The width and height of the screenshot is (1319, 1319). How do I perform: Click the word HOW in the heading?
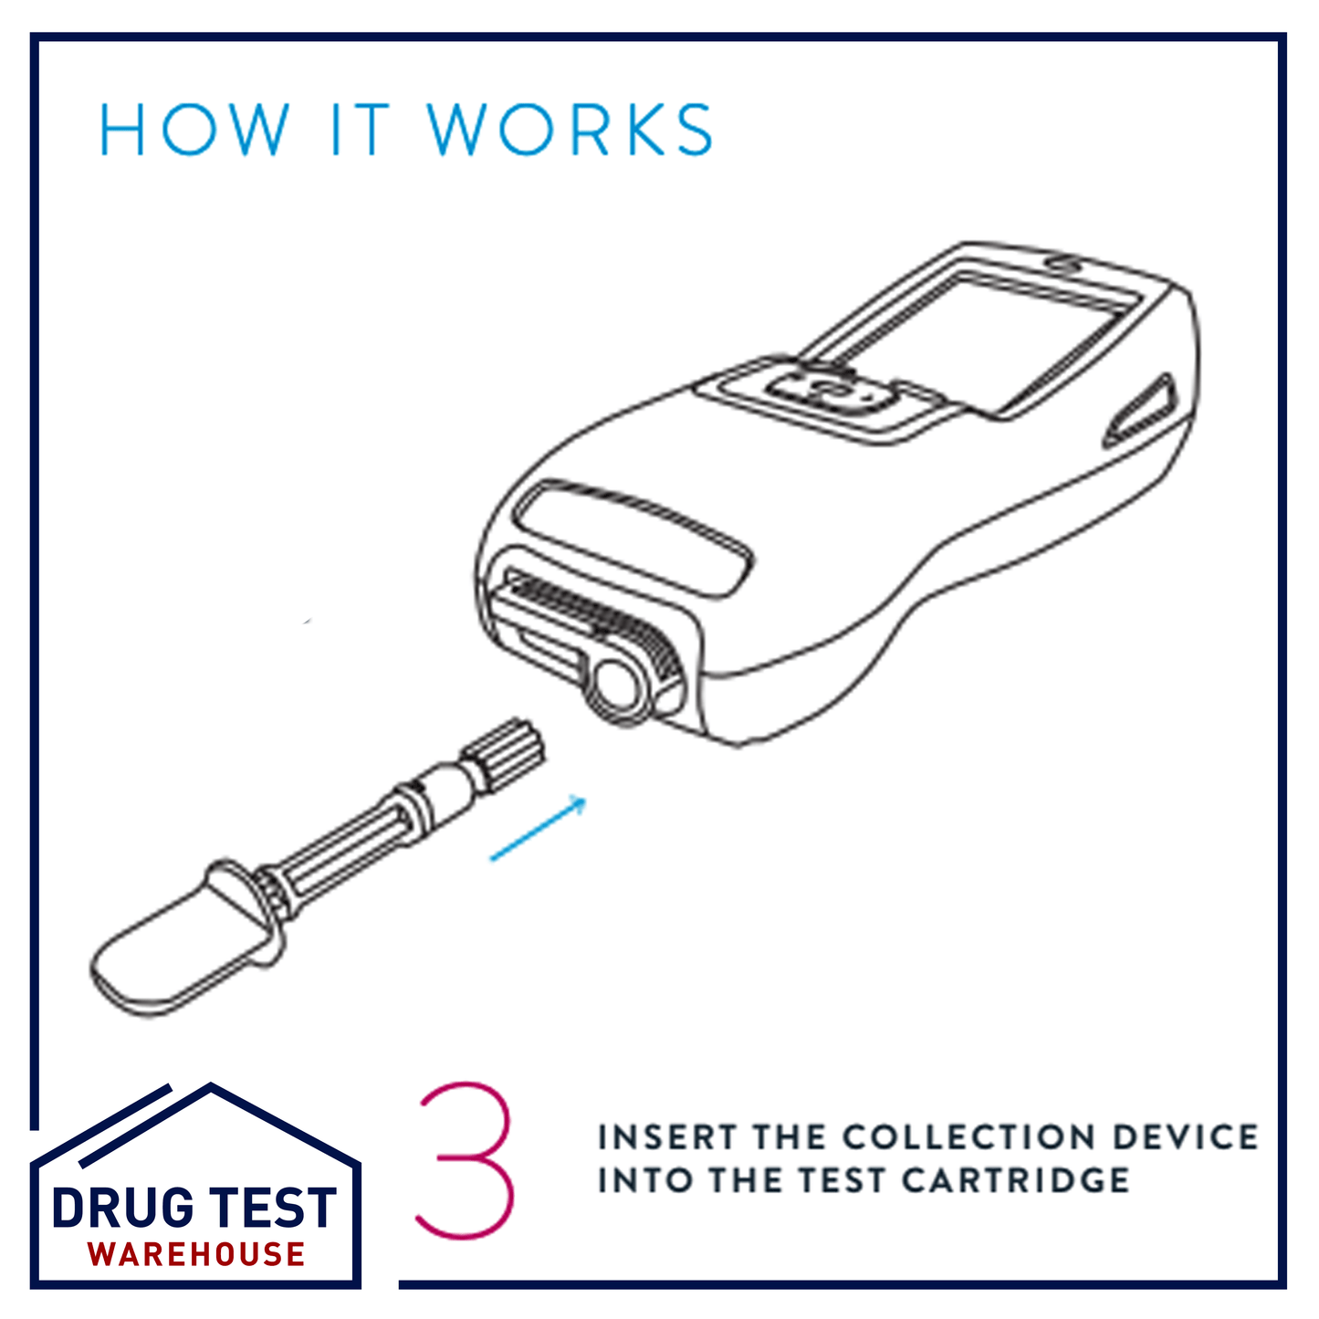click(x=194, y=130)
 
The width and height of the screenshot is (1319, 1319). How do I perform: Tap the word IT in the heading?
click(x=359, y=130)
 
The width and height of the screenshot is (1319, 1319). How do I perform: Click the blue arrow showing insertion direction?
click(x=539, y=829)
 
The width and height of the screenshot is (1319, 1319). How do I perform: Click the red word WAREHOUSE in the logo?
click(x=196, y=1255)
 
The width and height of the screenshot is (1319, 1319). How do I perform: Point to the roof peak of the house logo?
click(x=211, y=1089)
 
